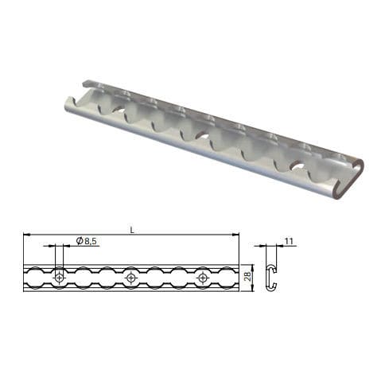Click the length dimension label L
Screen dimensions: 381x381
[131, 230]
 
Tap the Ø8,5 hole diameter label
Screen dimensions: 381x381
[87, 241]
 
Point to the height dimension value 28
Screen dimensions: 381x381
[247, 276]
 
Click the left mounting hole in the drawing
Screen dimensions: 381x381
[60, 277]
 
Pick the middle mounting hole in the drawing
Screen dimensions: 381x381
[131, 277]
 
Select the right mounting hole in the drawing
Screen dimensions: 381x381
[203, 277]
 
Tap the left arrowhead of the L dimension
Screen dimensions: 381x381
[27, 235]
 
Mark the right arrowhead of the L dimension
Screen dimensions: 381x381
[235, 235]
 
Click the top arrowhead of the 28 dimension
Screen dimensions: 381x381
[253, 266]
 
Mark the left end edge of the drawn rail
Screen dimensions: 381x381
[25, 277]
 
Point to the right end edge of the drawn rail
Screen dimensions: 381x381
[238, 277]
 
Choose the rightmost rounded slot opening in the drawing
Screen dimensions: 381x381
[227, 277]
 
